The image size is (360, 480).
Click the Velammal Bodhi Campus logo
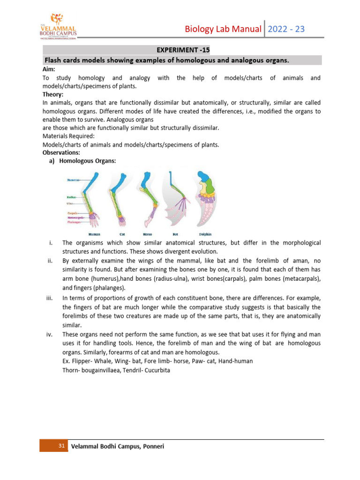(x=58, y=26)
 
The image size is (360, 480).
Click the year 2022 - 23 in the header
(x=286, y=29)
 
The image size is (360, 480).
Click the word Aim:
(x=49, y=69)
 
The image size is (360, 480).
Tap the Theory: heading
(x=53, y=94)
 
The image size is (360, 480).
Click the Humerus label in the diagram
(x=73, y=180)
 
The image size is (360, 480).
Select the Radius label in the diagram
(x=72, y=198)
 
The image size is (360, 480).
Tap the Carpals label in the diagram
(x=73, y=213)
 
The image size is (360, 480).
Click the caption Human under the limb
(x=94, y=233)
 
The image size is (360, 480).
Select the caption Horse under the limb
(x=147, y=233)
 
